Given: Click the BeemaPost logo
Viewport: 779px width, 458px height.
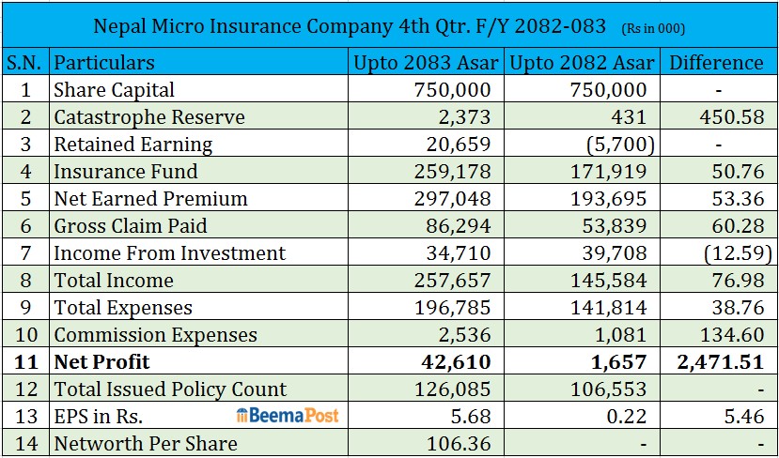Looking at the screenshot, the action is pos(288,416).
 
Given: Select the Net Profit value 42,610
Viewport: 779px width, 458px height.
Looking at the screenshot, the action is pos(456,361).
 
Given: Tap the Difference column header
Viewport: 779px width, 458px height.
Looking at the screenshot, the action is pos(716,63).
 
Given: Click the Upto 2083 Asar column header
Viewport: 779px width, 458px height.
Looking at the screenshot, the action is pos(426,63).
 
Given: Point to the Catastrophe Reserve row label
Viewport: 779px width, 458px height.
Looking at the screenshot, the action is pos(149,117).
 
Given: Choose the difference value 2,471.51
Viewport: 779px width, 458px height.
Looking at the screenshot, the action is pos(721,361).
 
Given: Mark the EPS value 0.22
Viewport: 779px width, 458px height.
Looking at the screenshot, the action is pos(627,416).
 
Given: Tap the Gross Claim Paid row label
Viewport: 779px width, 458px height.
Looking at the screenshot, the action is pos(131,226).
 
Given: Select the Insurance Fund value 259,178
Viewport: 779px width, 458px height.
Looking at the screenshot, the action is pos(453,171).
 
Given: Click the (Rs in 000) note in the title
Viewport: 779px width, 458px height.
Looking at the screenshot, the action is pos(653,29).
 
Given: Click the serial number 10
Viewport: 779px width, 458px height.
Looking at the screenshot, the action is pos(25,334).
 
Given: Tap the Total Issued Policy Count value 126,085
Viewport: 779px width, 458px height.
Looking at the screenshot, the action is pos(453,389).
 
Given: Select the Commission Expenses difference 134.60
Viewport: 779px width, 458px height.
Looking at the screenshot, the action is pos(732,334).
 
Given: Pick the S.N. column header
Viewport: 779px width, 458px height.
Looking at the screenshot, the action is pos(25,63).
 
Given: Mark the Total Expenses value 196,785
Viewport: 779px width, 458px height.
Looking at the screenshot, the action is pos(453,308).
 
